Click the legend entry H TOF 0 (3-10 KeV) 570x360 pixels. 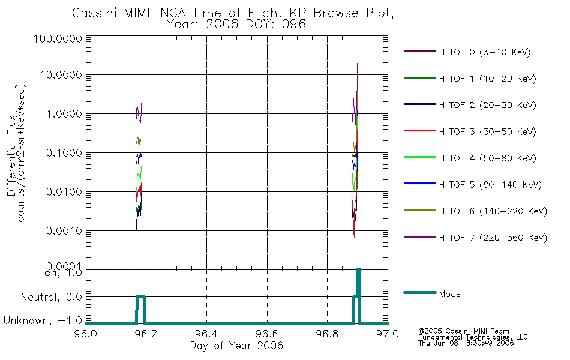click(x=485, y=52)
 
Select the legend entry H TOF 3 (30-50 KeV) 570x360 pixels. click(x=487, y=131)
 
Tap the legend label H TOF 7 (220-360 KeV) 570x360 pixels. click(x=493, y=238)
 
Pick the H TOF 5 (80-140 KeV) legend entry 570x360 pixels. click(x=490, y=185)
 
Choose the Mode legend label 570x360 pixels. click(x=449, y=294)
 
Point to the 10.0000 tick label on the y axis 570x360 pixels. click(x=61, y=75)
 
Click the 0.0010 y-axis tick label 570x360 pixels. click(x=64, y=231)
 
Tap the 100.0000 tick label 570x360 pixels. click(x=58, y=38)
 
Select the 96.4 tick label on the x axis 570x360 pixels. click(x=207, y=334)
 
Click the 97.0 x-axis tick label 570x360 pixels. click(x=388, y=334)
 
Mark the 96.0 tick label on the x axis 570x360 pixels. click(x=86, y=334)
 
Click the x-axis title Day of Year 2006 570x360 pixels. click(x=236, y=346)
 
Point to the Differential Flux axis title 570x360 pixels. click(x=11, y=155)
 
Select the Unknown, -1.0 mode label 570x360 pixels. click(x=43, y=320)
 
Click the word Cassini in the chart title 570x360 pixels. click(x=95, y=13)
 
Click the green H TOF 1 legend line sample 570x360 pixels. click(x=420, y=78)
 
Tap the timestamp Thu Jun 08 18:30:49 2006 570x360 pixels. click(x=466, y=343)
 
